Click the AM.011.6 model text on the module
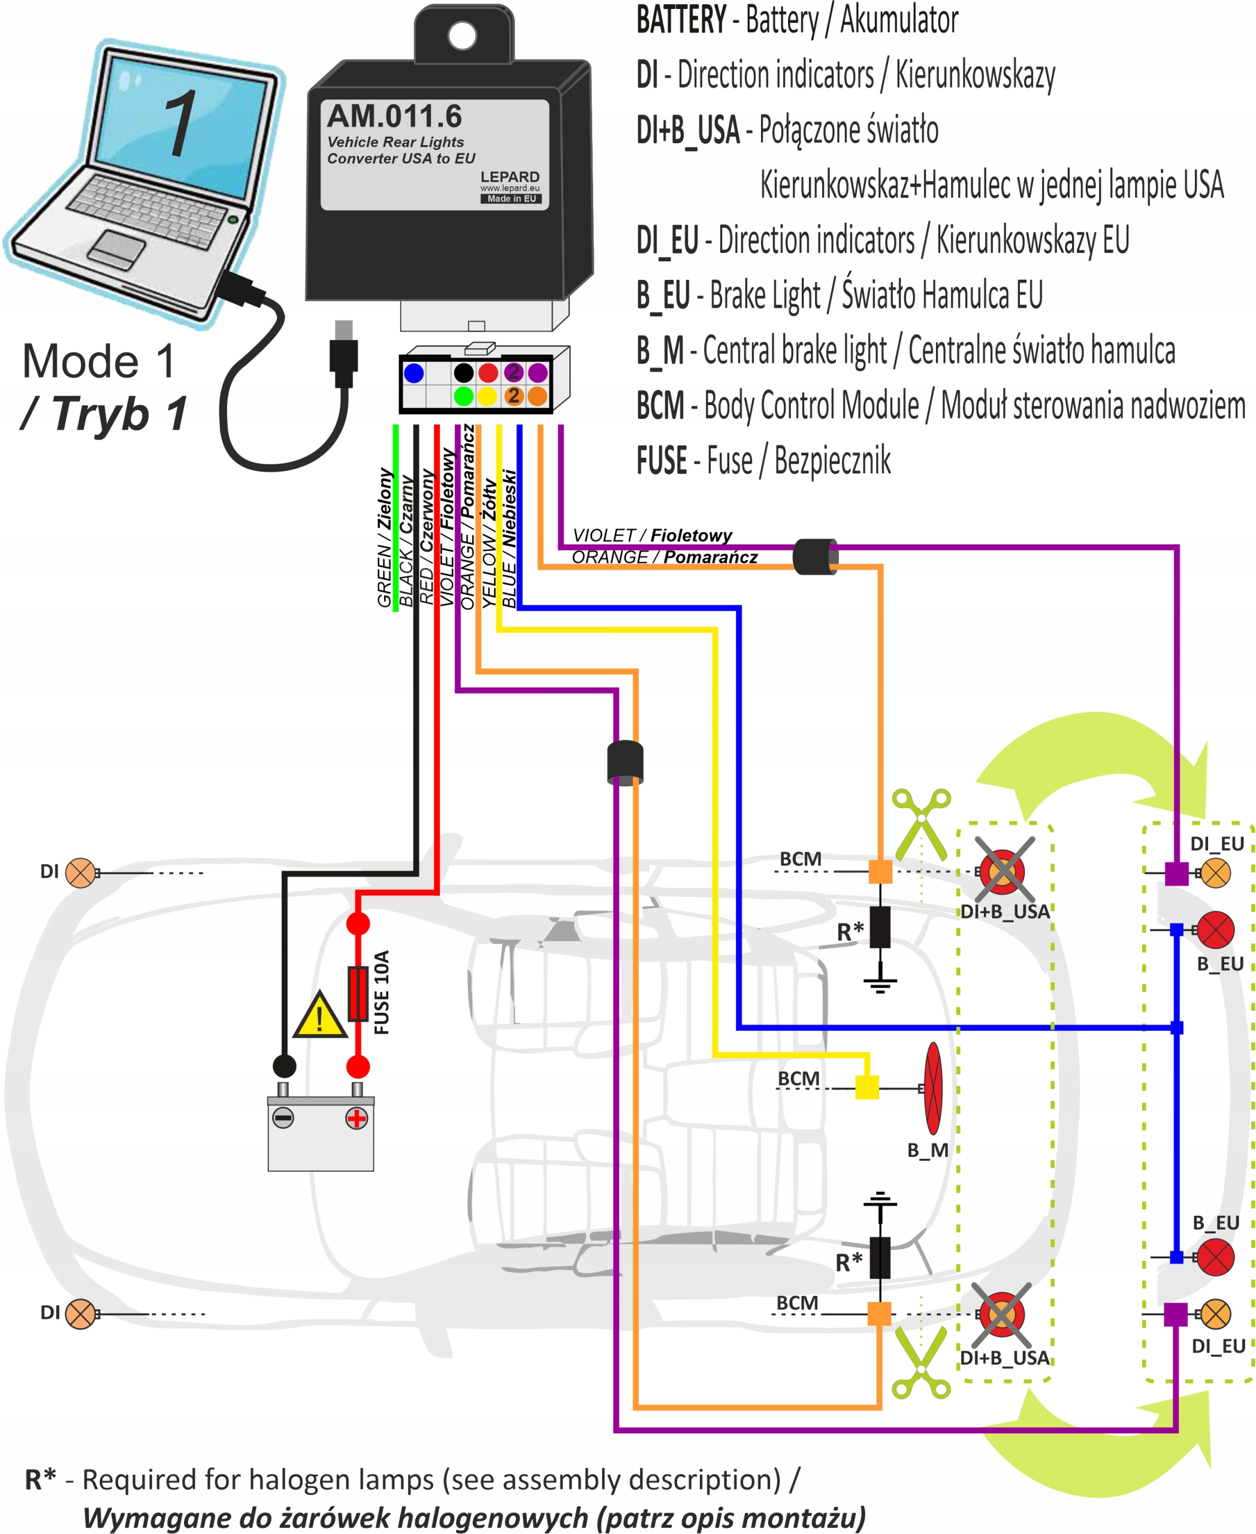[x=394, y=116]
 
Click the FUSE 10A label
[x=382, y=992]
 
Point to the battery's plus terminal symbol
[x=356, y=1119]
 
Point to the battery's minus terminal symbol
[x=283, y=1119]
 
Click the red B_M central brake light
[x=934, y=1088]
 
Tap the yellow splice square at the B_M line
[x=866, y=1087]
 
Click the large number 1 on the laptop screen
[x=179, y=123]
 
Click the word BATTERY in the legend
[x=681, y=20]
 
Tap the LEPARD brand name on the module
[x=509, y=177]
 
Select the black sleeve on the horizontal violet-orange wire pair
[x=816, y=557]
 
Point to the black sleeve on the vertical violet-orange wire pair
[x=625, y=763]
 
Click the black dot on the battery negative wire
[x=284, y=1066]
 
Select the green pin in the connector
[x=464, y=396]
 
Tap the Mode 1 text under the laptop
[x=99, y=361]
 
